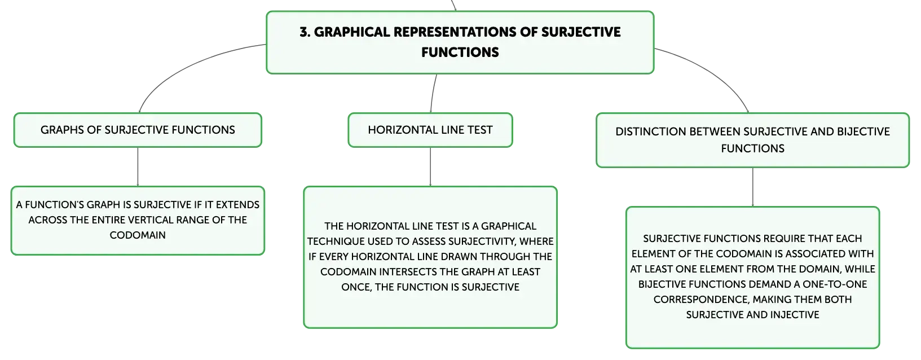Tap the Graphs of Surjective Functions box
coord(138,130)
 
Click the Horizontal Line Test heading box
coord(430,130)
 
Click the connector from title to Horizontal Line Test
coord(433,93)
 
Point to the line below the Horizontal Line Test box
coord(430,166)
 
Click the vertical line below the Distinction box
coord(753,187)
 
